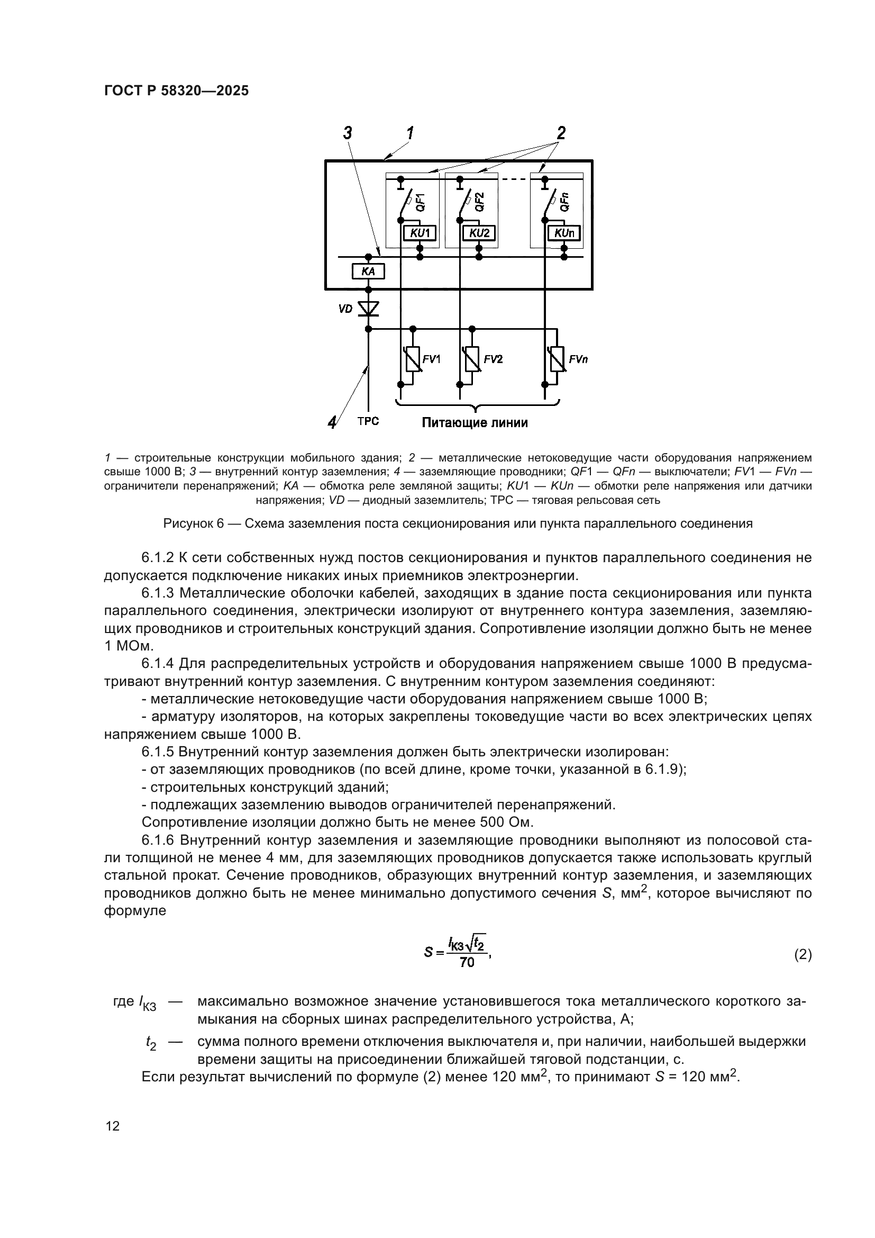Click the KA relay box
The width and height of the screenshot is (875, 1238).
click(x=368, y=272)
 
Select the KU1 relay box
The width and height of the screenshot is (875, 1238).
click(x=420, y=233)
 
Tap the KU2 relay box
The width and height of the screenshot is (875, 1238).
click(x=479, y=233)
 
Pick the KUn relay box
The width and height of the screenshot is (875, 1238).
click(x=564, y=233)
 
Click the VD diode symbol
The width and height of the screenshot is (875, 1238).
click(x=369, y=309)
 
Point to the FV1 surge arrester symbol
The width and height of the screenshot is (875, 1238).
click(x=413, y=359)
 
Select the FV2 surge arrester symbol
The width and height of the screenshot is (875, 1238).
click(x=472, y=359)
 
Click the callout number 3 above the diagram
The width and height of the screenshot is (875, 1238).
click(x=348, y=133)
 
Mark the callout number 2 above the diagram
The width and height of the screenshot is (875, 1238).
click(x=561, y=133)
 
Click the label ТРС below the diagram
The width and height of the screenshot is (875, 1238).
click(x=368, y=421)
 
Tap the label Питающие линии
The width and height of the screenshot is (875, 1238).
click(x=475, y=423)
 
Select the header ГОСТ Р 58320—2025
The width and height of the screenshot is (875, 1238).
click(x=176, y=91)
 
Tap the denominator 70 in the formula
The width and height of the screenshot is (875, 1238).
click(x=467, y=963)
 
